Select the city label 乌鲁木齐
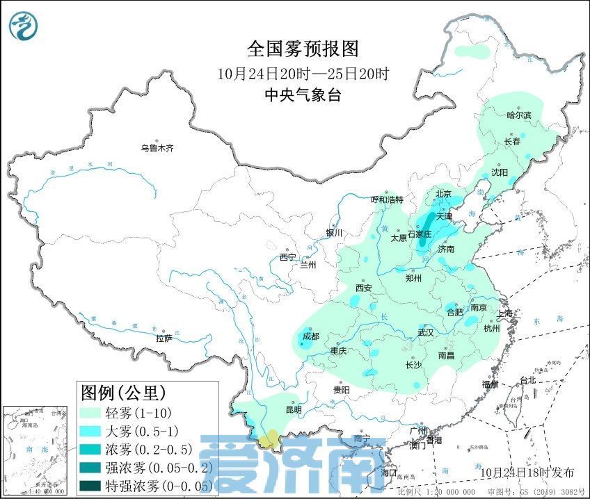[x=157, y=148]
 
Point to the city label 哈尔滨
[x=518, y=115]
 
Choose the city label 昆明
[x=294, y=410]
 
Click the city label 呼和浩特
[x=387, y=199]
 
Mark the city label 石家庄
[x=420, y=234]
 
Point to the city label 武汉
[x=425, y=333]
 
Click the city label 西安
[x=365, y=288]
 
